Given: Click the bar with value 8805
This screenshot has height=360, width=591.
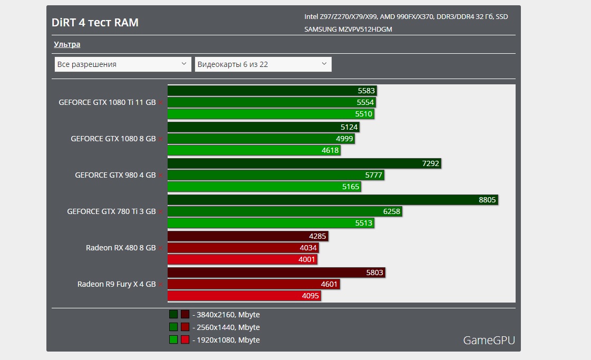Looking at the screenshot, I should (x=332, y=200).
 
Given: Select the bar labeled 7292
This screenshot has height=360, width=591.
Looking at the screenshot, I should (x=304, y=163).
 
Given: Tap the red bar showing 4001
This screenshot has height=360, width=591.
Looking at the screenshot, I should (x=243, y=259).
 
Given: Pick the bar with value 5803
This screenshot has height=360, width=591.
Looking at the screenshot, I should (x=276, y=273).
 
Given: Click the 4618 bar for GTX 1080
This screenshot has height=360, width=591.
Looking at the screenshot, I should (x=254, y=150).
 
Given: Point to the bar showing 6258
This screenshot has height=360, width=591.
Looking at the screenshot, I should (x=285, y=211).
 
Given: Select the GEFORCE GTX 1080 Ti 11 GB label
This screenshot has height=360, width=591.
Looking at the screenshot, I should (x=107, y=103).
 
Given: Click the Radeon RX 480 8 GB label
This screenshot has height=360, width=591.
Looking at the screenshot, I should (x=121, y=248).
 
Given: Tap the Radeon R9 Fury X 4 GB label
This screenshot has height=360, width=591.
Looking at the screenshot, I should (x=117, y=284).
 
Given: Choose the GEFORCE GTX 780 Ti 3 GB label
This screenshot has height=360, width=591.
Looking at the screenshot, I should (x=111, y=211).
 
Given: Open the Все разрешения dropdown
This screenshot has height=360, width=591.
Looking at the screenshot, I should (x=122, y=64).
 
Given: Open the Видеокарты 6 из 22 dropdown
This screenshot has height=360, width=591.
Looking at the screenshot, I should (x=263, y=64).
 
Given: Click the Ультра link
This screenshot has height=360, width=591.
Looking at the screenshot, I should (x=67, y=44).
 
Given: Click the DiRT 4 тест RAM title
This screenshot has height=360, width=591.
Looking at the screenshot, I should (x=95, y=23).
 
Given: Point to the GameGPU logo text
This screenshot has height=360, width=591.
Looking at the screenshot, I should (x=489, y=340).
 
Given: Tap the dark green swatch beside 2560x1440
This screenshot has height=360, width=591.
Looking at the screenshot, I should (x=173, y=327).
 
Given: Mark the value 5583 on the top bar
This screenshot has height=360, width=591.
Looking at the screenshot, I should (x=366, y=91).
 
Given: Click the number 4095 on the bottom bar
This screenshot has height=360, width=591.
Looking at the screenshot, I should (x=311, y=296).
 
